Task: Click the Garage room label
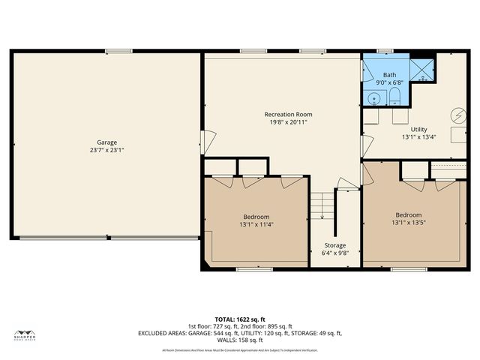click(106, 142)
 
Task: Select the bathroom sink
click(374, 97)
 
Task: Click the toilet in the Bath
click(393, 96)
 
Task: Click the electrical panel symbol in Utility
click(457, 115)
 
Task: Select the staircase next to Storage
click(322, 205)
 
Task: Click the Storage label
click(335, 245)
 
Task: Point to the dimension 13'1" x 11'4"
click(256, 223)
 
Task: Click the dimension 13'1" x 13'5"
click(409, 222)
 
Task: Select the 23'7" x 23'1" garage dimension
click(106, 150)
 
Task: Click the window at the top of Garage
click(118, 51)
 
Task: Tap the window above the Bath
click(385, 51)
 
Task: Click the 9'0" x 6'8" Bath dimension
click(390, 82)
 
